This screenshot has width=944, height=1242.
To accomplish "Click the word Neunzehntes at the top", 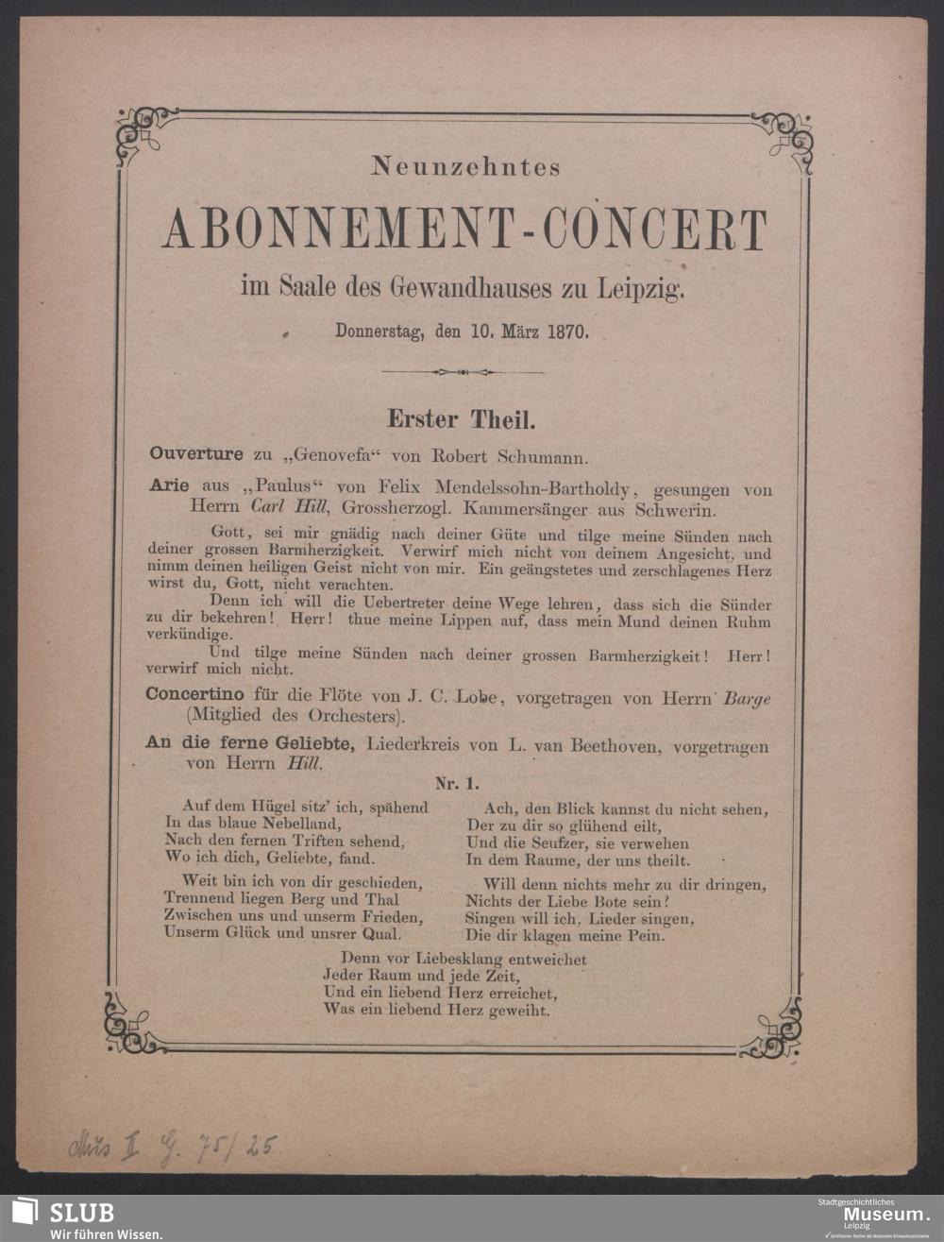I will click(466, 167).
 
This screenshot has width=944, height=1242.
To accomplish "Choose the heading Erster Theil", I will click(462, 418).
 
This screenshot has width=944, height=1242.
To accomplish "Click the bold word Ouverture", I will click(196, 454).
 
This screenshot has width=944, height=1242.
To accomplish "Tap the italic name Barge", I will click(746, 699).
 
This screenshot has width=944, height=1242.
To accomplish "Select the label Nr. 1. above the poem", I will click(457, 782).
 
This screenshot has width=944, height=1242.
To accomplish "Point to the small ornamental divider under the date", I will click(463, 372).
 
